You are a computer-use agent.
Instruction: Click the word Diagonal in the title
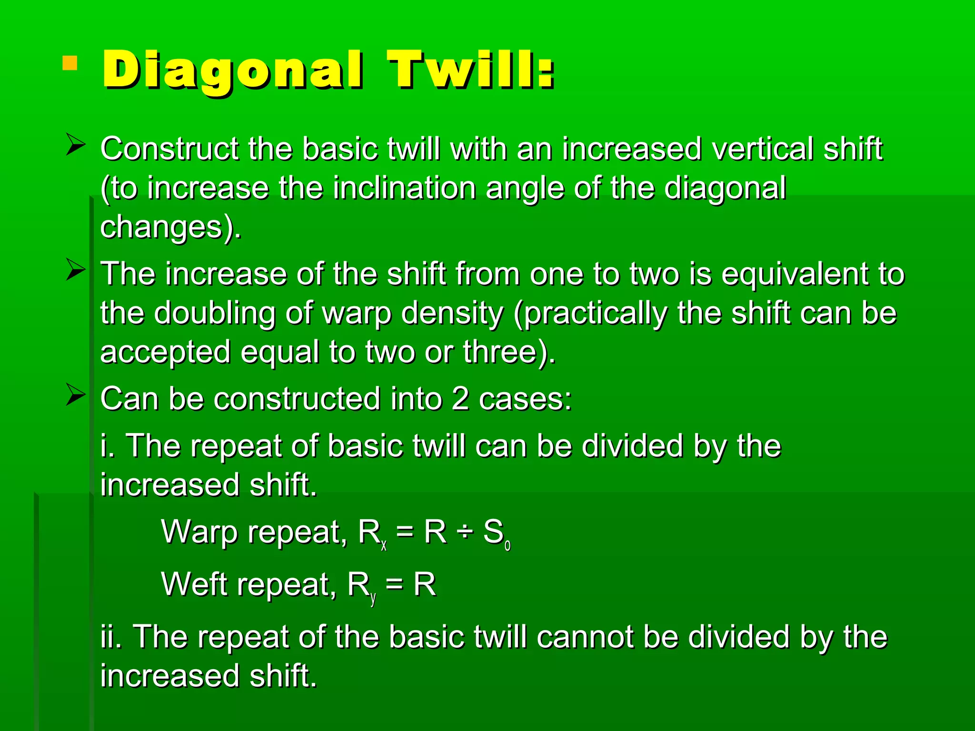click(x=232, y=70)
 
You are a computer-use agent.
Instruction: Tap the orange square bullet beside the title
click(x=70, y=63)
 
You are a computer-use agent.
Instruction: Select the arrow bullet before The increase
click(x=76, y=270)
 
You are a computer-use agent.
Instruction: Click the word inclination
click(x=404, y=188)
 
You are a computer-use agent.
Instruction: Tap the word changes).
click(x=170, y=227)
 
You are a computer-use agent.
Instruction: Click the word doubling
click(x=215, y=314)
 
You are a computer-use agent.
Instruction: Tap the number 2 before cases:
click(x=460, y=399)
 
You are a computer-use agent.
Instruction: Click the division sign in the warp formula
click(x=465, y=532)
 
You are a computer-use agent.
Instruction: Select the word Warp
click(x=199, y=532)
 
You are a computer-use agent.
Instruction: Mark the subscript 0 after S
click(x=507, y=546)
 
